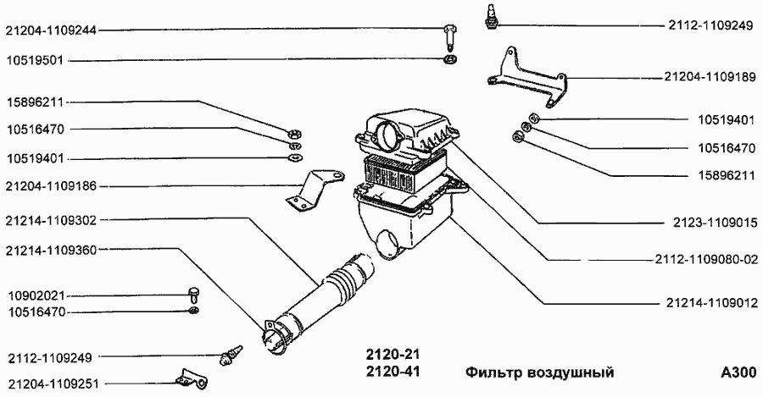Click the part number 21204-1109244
point(51,30)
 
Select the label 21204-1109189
point(710,77)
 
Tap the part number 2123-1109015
point(716,223)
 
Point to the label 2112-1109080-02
point(706,260)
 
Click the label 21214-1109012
point(712,303)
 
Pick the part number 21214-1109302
point(51,221)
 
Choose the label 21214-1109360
point(51,250)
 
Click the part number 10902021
point(36,296)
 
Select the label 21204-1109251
point(53,384)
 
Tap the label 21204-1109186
point(51,186)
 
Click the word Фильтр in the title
point(491,372)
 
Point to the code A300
point(738,372)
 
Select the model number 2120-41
point(393,372)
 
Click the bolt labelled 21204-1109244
point(449,38)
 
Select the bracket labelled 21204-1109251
point(192,379)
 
